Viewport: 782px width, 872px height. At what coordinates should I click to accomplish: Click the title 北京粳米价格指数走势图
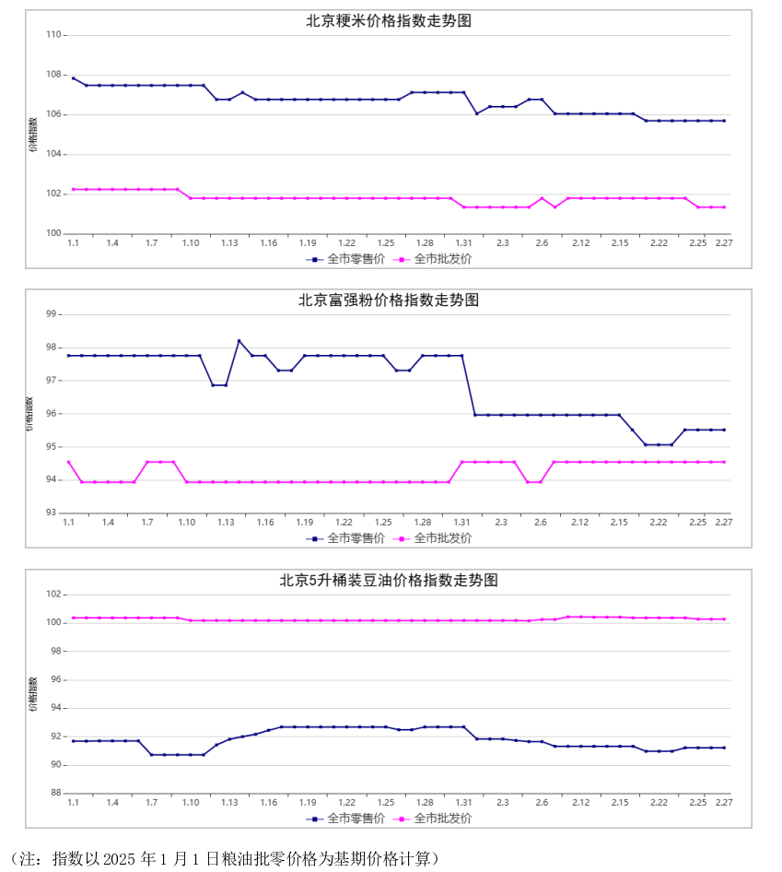point(389,20)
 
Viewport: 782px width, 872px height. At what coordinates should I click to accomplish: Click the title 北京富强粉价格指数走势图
point(389,300)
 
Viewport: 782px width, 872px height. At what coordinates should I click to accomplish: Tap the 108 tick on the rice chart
point(53,75)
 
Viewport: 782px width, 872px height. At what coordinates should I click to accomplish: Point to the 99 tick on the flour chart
point(52,314)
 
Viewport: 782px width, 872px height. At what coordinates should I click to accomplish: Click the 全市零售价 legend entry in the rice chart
point(340,259)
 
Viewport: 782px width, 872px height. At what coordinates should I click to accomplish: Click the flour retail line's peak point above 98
point(239,341)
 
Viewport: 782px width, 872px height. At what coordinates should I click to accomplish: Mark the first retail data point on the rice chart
point(73,78)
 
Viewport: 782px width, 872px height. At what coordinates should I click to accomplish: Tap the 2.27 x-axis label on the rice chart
point(721,242)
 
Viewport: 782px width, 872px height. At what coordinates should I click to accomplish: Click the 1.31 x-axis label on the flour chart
point(461,522)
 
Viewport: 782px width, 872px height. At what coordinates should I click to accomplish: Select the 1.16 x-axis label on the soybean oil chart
point(268,802)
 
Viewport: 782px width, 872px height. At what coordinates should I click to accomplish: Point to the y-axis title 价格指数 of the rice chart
point(33,135)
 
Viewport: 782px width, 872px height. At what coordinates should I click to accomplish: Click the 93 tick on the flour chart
point(52,513)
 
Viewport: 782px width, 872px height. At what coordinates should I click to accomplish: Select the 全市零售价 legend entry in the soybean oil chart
point(340,818)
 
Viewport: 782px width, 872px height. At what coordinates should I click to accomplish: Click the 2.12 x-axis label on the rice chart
point(580,242)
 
